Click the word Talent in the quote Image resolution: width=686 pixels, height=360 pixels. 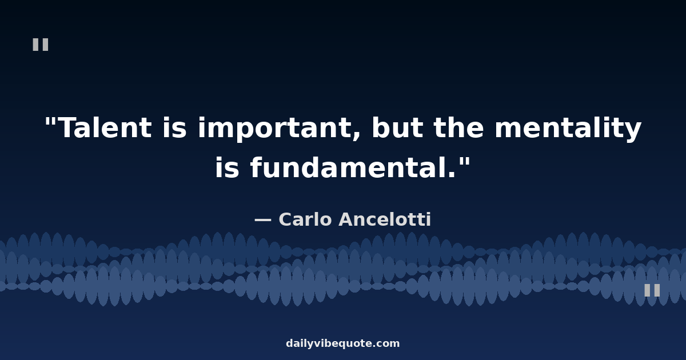[x=106, y=127]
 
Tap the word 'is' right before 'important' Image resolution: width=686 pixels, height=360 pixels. [x=174, y=127]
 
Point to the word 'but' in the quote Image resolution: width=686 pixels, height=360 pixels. [x=397, y=127]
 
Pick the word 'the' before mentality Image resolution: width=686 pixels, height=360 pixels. [x=458, y=127]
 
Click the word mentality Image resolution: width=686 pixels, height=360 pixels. [x=568, y=129]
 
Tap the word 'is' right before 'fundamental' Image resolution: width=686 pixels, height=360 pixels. [x=227, y=167]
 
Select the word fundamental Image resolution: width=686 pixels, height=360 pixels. [x=348, y=167]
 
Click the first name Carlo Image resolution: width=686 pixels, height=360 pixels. [x=305, y=219]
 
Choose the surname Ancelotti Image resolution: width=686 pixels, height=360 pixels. [x=385, y=219]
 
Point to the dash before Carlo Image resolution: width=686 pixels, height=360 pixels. [x=263, y=220]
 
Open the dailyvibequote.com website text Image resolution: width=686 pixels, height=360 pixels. [x=342, y=343]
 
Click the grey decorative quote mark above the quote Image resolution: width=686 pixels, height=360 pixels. [x=41, y=45]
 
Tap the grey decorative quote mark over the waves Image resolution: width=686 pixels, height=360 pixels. [x=652, y=290]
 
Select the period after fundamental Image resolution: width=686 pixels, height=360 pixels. [x=452, y=174]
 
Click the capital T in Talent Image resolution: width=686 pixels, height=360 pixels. [x=69, y=127]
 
